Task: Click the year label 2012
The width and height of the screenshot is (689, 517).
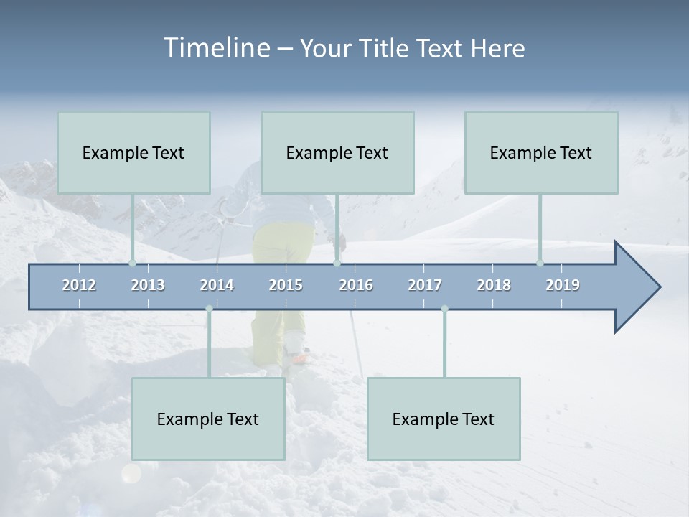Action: tap(79, 285)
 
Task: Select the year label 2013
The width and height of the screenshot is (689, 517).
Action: tap(148, 285)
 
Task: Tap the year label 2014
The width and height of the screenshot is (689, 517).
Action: tap(217, 285)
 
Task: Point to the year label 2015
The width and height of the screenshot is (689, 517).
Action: tap(286, 285)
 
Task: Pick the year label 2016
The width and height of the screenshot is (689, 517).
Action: tap(356, 285)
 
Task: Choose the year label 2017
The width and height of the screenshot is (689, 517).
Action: tap(425, 285)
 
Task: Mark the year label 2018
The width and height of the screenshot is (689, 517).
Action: tap(494, 285)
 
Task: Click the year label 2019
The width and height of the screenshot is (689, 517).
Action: tap(563, 285)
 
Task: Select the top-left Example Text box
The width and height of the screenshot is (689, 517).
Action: tap(133, 152)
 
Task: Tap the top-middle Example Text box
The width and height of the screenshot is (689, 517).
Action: tap(337, 152)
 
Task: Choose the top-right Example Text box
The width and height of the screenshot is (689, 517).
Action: tap(541, 152)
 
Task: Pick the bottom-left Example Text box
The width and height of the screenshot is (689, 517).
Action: tap(208, 419)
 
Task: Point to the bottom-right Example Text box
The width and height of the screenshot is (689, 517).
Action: tap(444, 419)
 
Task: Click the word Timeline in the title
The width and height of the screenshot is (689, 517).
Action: tap(215, 48)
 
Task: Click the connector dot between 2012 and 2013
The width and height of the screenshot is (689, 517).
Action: tap(132, 264)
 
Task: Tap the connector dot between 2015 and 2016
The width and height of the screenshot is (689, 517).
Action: tap(337, 264)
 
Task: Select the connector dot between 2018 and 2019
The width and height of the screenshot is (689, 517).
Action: tap(540, 264)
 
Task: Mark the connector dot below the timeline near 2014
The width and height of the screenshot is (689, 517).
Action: tap(209, 309)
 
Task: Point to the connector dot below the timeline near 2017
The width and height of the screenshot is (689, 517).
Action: tap(444, 309)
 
